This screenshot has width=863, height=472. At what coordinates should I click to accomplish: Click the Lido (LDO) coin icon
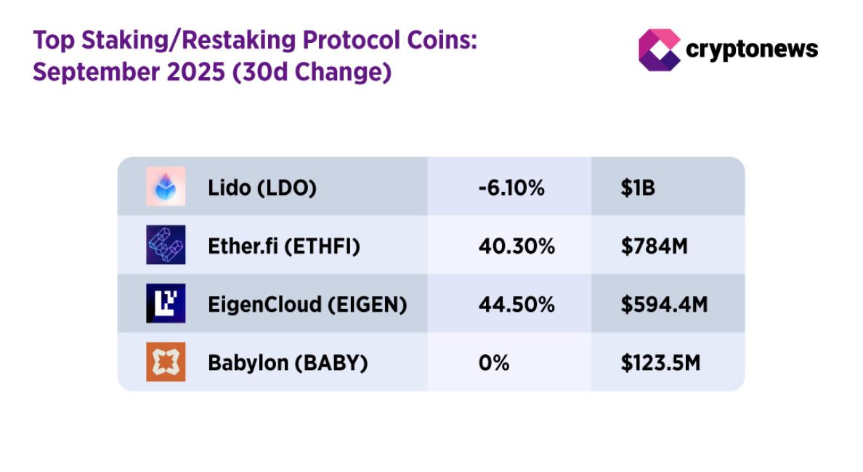click(166, 186)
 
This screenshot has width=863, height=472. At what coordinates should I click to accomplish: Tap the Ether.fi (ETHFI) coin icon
click(166, 245)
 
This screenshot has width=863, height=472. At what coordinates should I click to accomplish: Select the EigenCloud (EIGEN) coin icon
click(166, 303)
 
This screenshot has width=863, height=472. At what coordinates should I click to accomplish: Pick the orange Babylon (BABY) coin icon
click(166, 361)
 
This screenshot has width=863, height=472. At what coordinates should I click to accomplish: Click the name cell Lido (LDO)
click(262, 188)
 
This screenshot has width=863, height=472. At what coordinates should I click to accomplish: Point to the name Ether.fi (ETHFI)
click(284, 247)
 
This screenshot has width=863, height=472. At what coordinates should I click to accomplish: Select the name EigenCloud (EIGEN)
click(307, 305)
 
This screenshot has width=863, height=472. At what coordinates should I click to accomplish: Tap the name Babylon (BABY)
click(288, 362)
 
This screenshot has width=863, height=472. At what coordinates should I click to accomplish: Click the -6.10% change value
click(511, 188)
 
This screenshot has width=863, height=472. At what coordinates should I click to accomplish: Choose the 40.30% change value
click(516, 247)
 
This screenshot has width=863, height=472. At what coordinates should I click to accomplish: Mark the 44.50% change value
click(516, 305)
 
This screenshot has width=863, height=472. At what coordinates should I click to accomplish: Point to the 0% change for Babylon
click(494, 362)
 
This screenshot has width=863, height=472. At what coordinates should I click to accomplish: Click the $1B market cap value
click(638, 188)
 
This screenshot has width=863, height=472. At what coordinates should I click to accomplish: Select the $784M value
click(654, 247)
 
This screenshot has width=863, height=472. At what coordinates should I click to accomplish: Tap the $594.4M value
click(663, 305)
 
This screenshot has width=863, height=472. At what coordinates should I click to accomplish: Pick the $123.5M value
click(660, 362)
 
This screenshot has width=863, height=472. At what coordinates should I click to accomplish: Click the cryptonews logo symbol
click(659, 49)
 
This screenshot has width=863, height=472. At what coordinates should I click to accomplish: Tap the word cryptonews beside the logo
click(752, 49)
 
